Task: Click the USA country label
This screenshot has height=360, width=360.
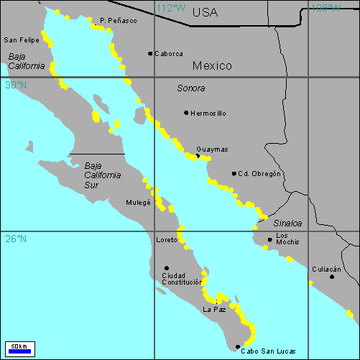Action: pyautogui.click(x=205, y=12)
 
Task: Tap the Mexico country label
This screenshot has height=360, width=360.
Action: pyautogui.click(x=212, y=65)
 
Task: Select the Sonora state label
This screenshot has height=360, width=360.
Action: pyautogui.click(x=190, y=88)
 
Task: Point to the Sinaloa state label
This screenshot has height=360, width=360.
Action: pyautogui.click(x=287, y=223)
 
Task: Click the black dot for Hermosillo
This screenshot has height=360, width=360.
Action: pyautogui.click(x=185, y=113)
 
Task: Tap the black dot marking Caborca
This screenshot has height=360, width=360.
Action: pyautogui.click(x=150, y=53)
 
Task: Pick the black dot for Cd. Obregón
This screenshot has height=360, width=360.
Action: pyautogui.click(x=234, y=173)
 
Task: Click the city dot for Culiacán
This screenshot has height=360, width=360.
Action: pyautogui.click(x=332, y=277)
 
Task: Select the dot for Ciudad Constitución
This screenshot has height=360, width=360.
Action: pyautogui.click(x=167, y=268)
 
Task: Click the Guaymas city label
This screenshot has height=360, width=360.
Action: pyautogui.click(x=212, y=149)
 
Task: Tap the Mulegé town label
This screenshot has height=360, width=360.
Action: pyautogui.click(x=138, y=203)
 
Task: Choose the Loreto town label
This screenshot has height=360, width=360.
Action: pyautogui.click(x=167, y=240)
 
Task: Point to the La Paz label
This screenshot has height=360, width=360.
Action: pyautogui.click(x=214, y=309)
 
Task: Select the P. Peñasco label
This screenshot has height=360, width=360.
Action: pyautogui.click(x=119, y=21)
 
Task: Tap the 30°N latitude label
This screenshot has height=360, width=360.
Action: pyautogui.click(x=15, y=85)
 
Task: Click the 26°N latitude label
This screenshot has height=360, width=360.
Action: pyautogui.click(x=15, y=239)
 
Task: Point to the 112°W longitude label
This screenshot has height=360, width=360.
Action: pyautogui.click(x=170, y=8)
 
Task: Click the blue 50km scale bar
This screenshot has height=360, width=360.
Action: pyautogui.click(x=19, y=351)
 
